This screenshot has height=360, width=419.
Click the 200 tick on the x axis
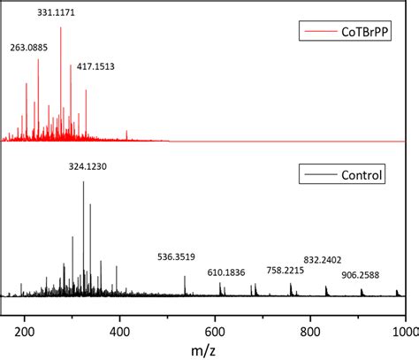[x=25, y=330]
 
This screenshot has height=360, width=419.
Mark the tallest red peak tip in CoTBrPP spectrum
[x=61, y=27]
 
